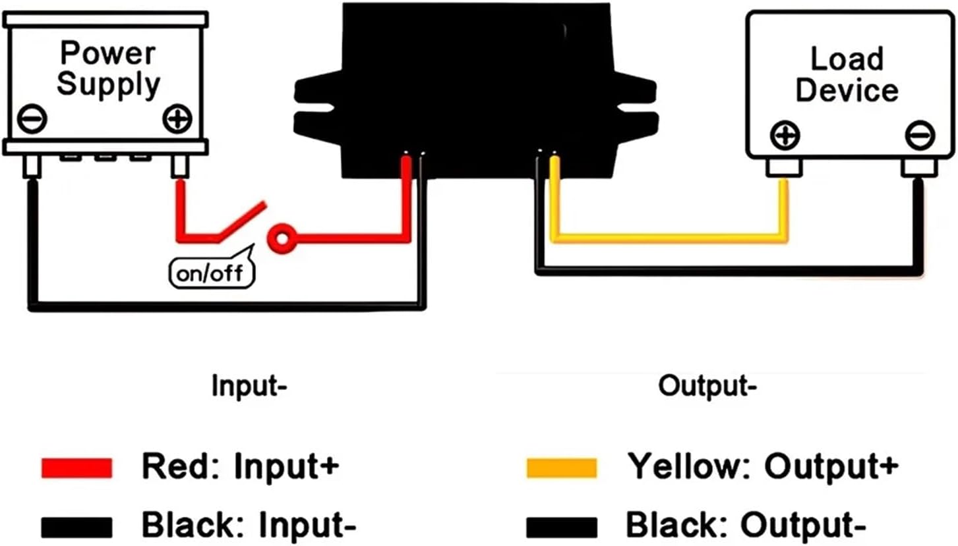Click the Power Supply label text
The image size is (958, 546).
tap(108, 68)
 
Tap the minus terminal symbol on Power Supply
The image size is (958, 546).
tap(32, 119)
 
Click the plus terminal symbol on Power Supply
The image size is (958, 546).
tap(176, 119)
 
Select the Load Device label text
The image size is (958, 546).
tap(847, 74)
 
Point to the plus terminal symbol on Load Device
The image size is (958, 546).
tap(785, 136)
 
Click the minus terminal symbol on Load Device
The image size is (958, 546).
tap(919, 136)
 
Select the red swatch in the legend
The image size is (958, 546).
tap(76, 467)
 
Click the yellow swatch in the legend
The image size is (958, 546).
tap(561, 467)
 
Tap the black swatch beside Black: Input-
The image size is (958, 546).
tap(76, 526)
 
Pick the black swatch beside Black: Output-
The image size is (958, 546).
tap(561, 526)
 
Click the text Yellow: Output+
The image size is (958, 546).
tap(762, 466)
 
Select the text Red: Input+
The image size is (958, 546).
tap(240, 466)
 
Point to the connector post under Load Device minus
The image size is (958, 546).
tap(919, 169)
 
